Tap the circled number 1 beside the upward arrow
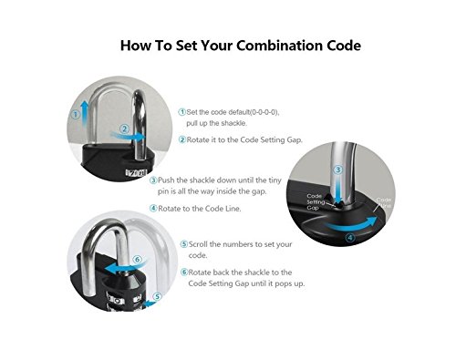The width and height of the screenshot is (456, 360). click(76, 115)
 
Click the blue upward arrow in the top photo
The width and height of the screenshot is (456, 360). click(85, 113)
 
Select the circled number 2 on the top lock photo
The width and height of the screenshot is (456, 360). click(124, 129)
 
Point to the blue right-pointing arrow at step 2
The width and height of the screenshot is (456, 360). click(128, 137)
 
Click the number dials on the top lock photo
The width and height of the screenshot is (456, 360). click(136, 173)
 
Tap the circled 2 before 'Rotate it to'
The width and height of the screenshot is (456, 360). click(182, 139)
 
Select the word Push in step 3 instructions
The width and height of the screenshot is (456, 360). click(166, 180)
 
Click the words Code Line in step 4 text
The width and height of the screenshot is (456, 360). click(223, 209)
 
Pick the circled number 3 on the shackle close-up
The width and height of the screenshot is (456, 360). click(337, 170)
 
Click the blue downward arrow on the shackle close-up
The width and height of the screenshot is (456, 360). click(337, 190)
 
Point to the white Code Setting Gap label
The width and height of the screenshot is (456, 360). click(316, 201)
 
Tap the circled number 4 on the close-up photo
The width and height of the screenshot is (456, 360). click(350, 238)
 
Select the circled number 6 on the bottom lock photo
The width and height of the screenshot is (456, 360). click(138, 260)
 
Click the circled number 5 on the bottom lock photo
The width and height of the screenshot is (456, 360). click(157, 297)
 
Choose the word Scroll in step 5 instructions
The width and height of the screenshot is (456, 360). click(198, 244)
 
